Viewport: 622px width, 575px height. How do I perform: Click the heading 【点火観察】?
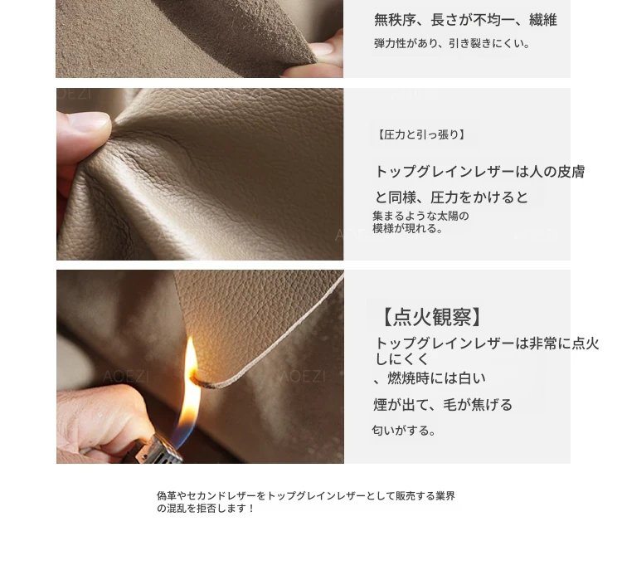(432, 317)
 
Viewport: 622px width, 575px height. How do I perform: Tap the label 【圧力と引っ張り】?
(420, 135)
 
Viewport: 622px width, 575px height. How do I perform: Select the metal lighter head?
(154, 449)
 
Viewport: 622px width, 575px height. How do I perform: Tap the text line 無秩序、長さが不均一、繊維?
(465, 20)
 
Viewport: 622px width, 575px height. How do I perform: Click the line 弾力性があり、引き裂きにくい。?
(452, 43)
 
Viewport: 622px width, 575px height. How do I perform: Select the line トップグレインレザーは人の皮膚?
(480, 172)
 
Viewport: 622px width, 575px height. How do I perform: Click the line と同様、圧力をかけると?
(451, 197)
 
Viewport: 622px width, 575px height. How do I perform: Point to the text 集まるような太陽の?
(420, 216)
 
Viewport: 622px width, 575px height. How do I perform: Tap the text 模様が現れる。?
(407, 228)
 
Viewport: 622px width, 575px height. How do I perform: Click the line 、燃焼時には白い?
(430, 378)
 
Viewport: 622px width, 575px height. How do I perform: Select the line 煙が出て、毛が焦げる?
(443, 405)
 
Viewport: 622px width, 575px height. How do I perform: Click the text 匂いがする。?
(404, 430)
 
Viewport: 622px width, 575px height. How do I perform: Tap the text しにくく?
(402, 358)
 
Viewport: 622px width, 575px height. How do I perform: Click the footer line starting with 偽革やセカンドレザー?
(306, 495)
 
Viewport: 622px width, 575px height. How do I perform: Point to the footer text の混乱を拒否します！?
(206, 509)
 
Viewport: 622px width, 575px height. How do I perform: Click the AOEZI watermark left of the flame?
(126, 376)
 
